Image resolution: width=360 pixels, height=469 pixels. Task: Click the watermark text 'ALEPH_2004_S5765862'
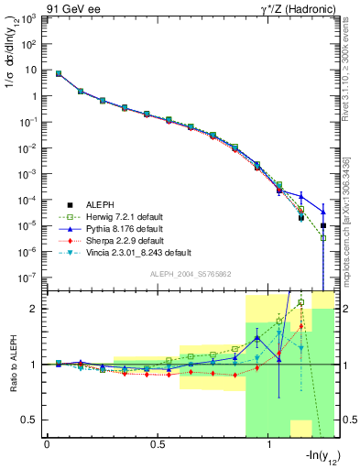(191, 274)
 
